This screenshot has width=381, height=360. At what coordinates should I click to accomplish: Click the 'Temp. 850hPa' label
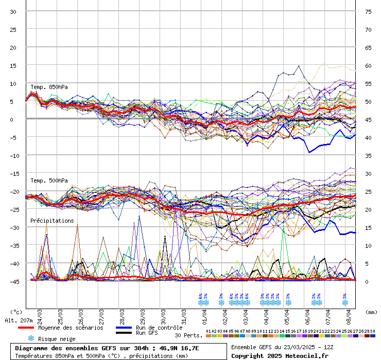(49, 87)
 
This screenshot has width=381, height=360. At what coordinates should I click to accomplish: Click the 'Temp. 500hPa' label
(49, 181)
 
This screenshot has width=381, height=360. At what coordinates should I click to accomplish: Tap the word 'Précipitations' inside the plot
(52, 221)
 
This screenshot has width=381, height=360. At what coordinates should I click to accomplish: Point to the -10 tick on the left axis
(13, 155)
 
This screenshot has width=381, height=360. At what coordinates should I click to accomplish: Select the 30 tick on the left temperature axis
(13, 11)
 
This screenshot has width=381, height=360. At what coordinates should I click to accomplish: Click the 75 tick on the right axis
(368, 11)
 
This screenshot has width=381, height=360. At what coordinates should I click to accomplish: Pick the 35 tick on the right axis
(368, 155)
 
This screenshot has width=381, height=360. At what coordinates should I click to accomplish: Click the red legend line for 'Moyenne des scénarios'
(26, 328)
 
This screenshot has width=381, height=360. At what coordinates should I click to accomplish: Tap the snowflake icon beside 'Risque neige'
(30, 338)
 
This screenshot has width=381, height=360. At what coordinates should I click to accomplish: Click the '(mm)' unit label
(371, 312)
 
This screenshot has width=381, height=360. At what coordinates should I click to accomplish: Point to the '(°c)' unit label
(16, 312)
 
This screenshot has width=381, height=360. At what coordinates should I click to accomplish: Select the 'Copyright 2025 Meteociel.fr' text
(280, 355)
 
